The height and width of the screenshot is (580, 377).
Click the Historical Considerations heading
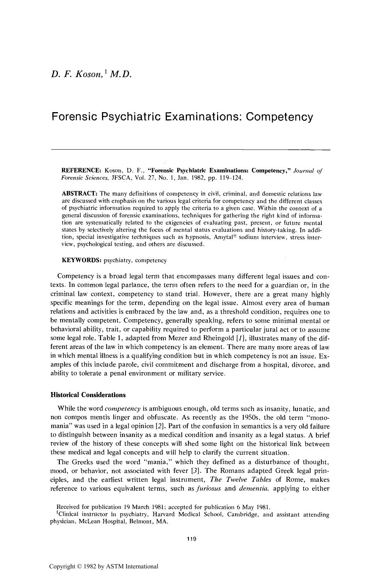(88, 395)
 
